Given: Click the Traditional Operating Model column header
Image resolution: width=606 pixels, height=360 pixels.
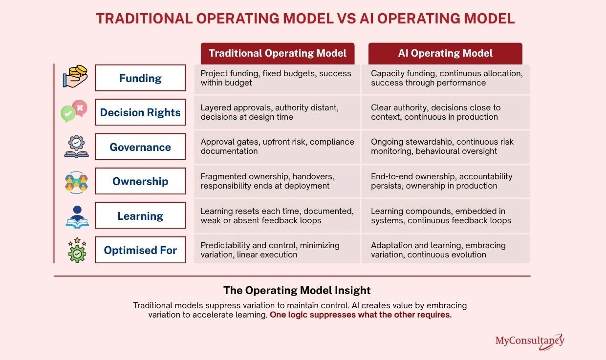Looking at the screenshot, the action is [278, 53].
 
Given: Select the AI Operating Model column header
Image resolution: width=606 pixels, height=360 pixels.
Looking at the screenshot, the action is [445, 53].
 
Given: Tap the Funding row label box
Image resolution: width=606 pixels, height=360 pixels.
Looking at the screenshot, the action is [140, 78].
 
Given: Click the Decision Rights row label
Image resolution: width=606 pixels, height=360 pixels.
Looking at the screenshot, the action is [140, 112].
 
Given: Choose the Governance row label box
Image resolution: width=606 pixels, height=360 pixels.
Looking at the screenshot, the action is [140, 147].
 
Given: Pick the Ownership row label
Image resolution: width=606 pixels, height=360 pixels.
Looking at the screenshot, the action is [140, 181].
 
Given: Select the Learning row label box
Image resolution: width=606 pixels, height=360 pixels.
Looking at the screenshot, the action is [140, 215].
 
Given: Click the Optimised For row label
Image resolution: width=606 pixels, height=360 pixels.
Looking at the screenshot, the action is [140, 250].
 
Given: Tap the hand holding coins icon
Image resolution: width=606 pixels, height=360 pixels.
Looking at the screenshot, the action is [75, 76].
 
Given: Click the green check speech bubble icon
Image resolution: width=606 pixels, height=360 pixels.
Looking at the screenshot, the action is [68, 113].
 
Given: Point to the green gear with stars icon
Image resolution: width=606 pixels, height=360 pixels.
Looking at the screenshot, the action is [77, 250].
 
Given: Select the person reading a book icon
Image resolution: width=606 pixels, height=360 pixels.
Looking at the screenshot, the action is [77, 217].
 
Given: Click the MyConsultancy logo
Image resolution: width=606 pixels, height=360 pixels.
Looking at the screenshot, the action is [530, 341].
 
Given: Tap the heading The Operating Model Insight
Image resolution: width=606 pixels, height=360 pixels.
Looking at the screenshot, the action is [297, 290].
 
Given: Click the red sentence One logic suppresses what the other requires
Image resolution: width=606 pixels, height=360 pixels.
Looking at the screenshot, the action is [361, 315].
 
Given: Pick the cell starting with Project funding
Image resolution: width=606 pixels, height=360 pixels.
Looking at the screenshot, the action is [277, 79].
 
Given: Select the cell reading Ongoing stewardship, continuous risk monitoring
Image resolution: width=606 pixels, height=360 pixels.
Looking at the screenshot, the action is [446, 147].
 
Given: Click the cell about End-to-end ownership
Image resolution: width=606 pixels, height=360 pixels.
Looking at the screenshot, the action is [446, 181].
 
